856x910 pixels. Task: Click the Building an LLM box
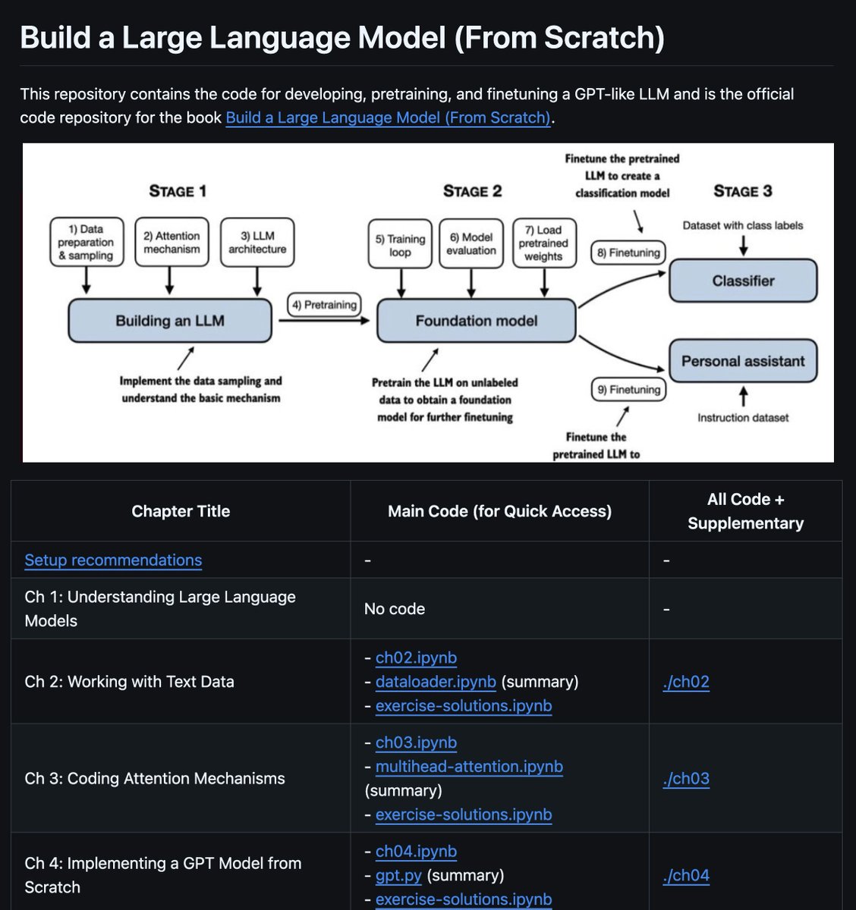pos(170,320)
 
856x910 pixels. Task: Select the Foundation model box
pos(476,320)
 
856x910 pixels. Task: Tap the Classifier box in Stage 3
pos(743,281)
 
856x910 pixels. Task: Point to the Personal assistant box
pos(743,361)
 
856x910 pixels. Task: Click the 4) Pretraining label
pos(324,305)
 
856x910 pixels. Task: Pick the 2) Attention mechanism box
pos(172,243)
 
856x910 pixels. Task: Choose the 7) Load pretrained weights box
pos(543,243)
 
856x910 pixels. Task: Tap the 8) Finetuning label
pos(628,253)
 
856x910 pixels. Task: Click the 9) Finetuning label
pos(628,390)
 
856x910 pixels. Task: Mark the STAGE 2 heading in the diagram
pos(472,191)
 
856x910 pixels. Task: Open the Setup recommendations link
pos(113,560)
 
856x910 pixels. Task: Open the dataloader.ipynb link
pos(436,682)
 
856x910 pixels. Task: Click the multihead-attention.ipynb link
pos(469,767)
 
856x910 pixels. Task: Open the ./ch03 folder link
pos(686,779)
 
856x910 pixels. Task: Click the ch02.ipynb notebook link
pos(416,657)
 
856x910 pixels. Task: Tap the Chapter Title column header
pos(181,511)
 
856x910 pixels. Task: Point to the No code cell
pos(395,609)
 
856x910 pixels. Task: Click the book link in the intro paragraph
pos(388,118)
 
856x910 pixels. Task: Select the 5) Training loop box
pos(400,244)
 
